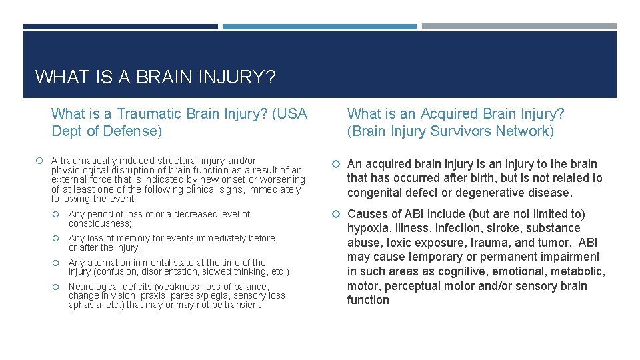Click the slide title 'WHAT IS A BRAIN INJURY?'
click(155, 77)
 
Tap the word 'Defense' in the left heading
click(133, 131)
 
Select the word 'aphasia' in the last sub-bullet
click(85, 305)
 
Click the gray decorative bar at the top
click(519, 27)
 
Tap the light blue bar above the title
click(319, 27)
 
